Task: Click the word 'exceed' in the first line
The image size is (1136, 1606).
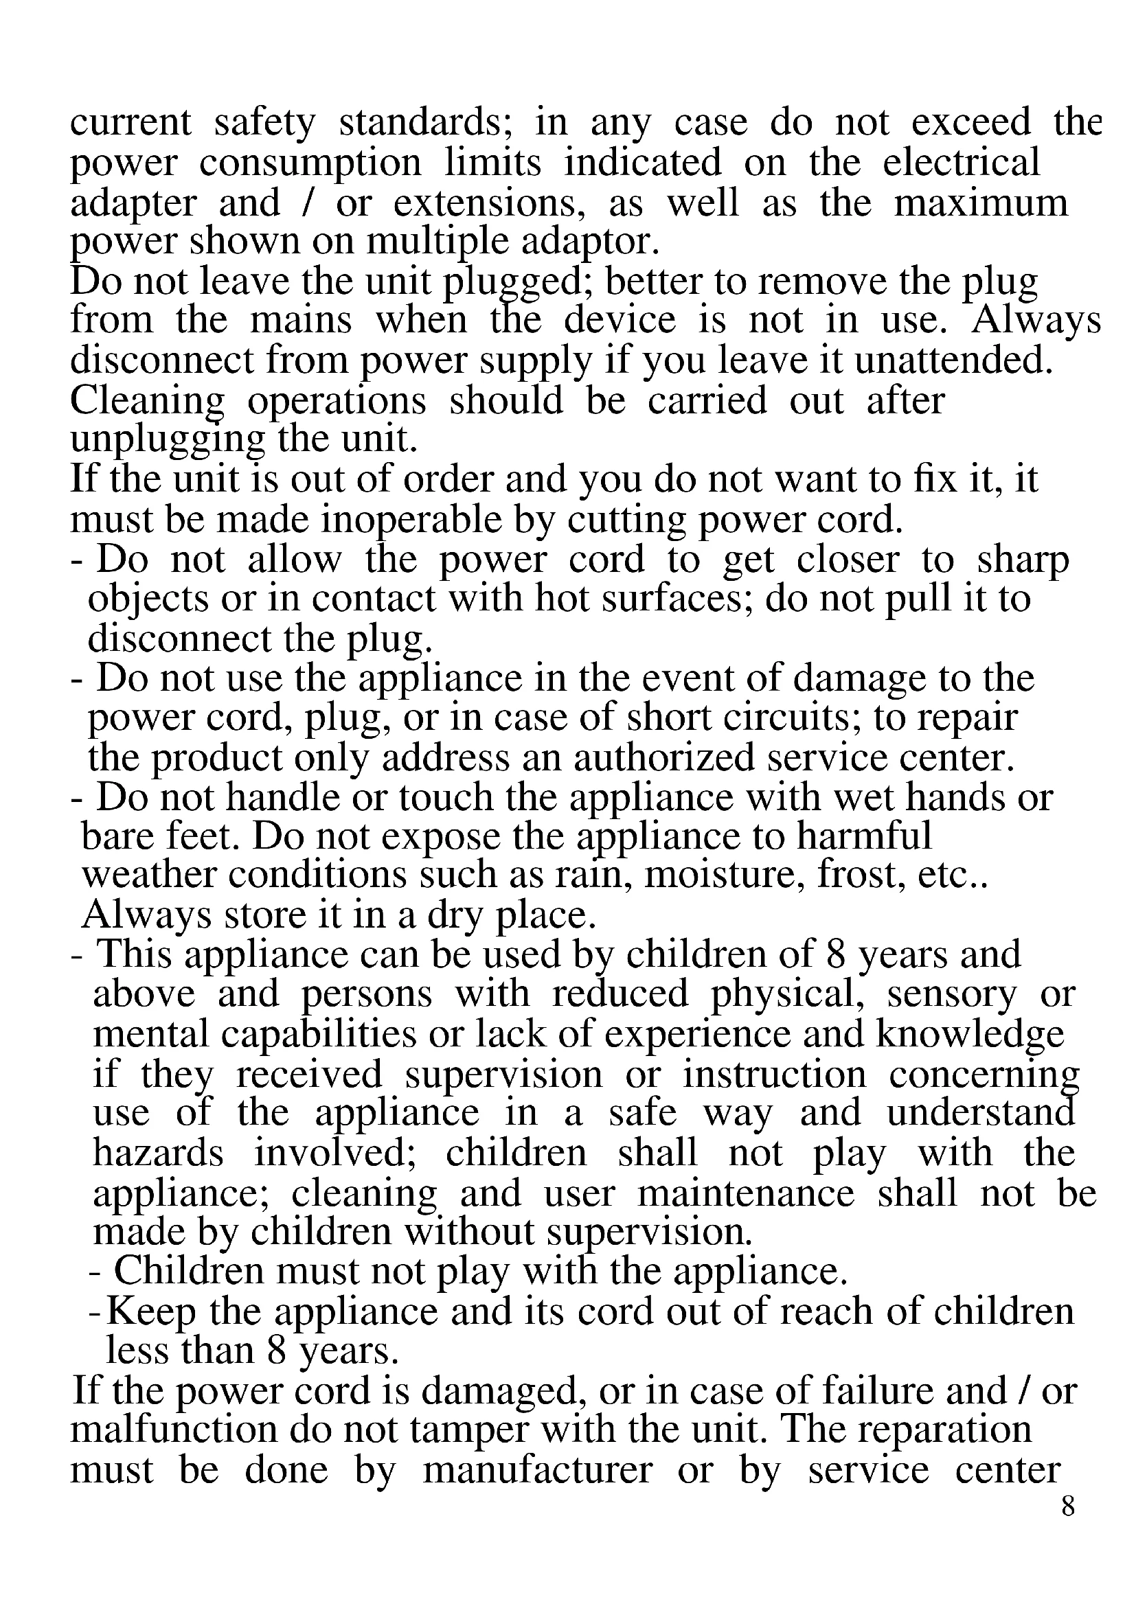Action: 970,123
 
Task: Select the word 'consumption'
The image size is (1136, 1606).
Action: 310,163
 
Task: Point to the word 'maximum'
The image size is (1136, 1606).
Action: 981,203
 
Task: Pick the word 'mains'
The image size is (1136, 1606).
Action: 301,321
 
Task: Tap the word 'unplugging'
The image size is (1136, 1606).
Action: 168,441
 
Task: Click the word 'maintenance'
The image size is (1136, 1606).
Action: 746,1194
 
